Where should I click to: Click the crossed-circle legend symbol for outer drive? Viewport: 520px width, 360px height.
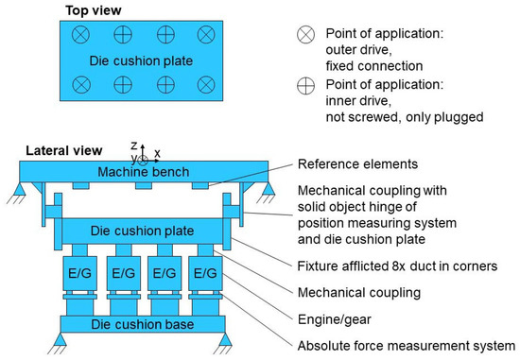tap(305, 33)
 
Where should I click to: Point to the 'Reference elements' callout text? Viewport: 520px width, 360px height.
tap(358, 164)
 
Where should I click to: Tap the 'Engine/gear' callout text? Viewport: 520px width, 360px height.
tap(337, 319)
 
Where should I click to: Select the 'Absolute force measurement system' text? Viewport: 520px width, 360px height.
tap(407, 345)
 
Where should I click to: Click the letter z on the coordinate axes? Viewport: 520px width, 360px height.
tap(134, 146)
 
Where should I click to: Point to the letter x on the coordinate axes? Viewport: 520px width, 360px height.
tap(157, 151)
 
